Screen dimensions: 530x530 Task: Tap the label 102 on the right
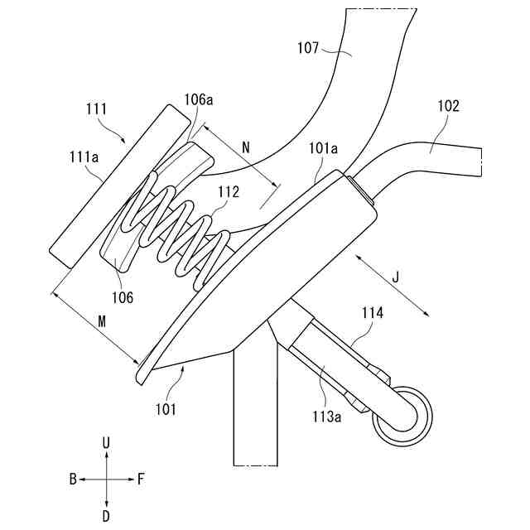[449, 106]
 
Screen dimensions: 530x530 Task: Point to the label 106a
[199, 100]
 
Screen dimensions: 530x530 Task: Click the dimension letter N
[245, 147]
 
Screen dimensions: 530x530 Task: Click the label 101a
[322, 149]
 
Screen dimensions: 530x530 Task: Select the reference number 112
[229, 192]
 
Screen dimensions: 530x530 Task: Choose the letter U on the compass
[106, 445]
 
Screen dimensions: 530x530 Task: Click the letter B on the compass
[73, 479]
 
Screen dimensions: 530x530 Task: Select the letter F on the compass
[141, 479]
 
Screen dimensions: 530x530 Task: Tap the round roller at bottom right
[402, 416]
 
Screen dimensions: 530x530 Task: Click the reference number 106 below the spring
[124, 296]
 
